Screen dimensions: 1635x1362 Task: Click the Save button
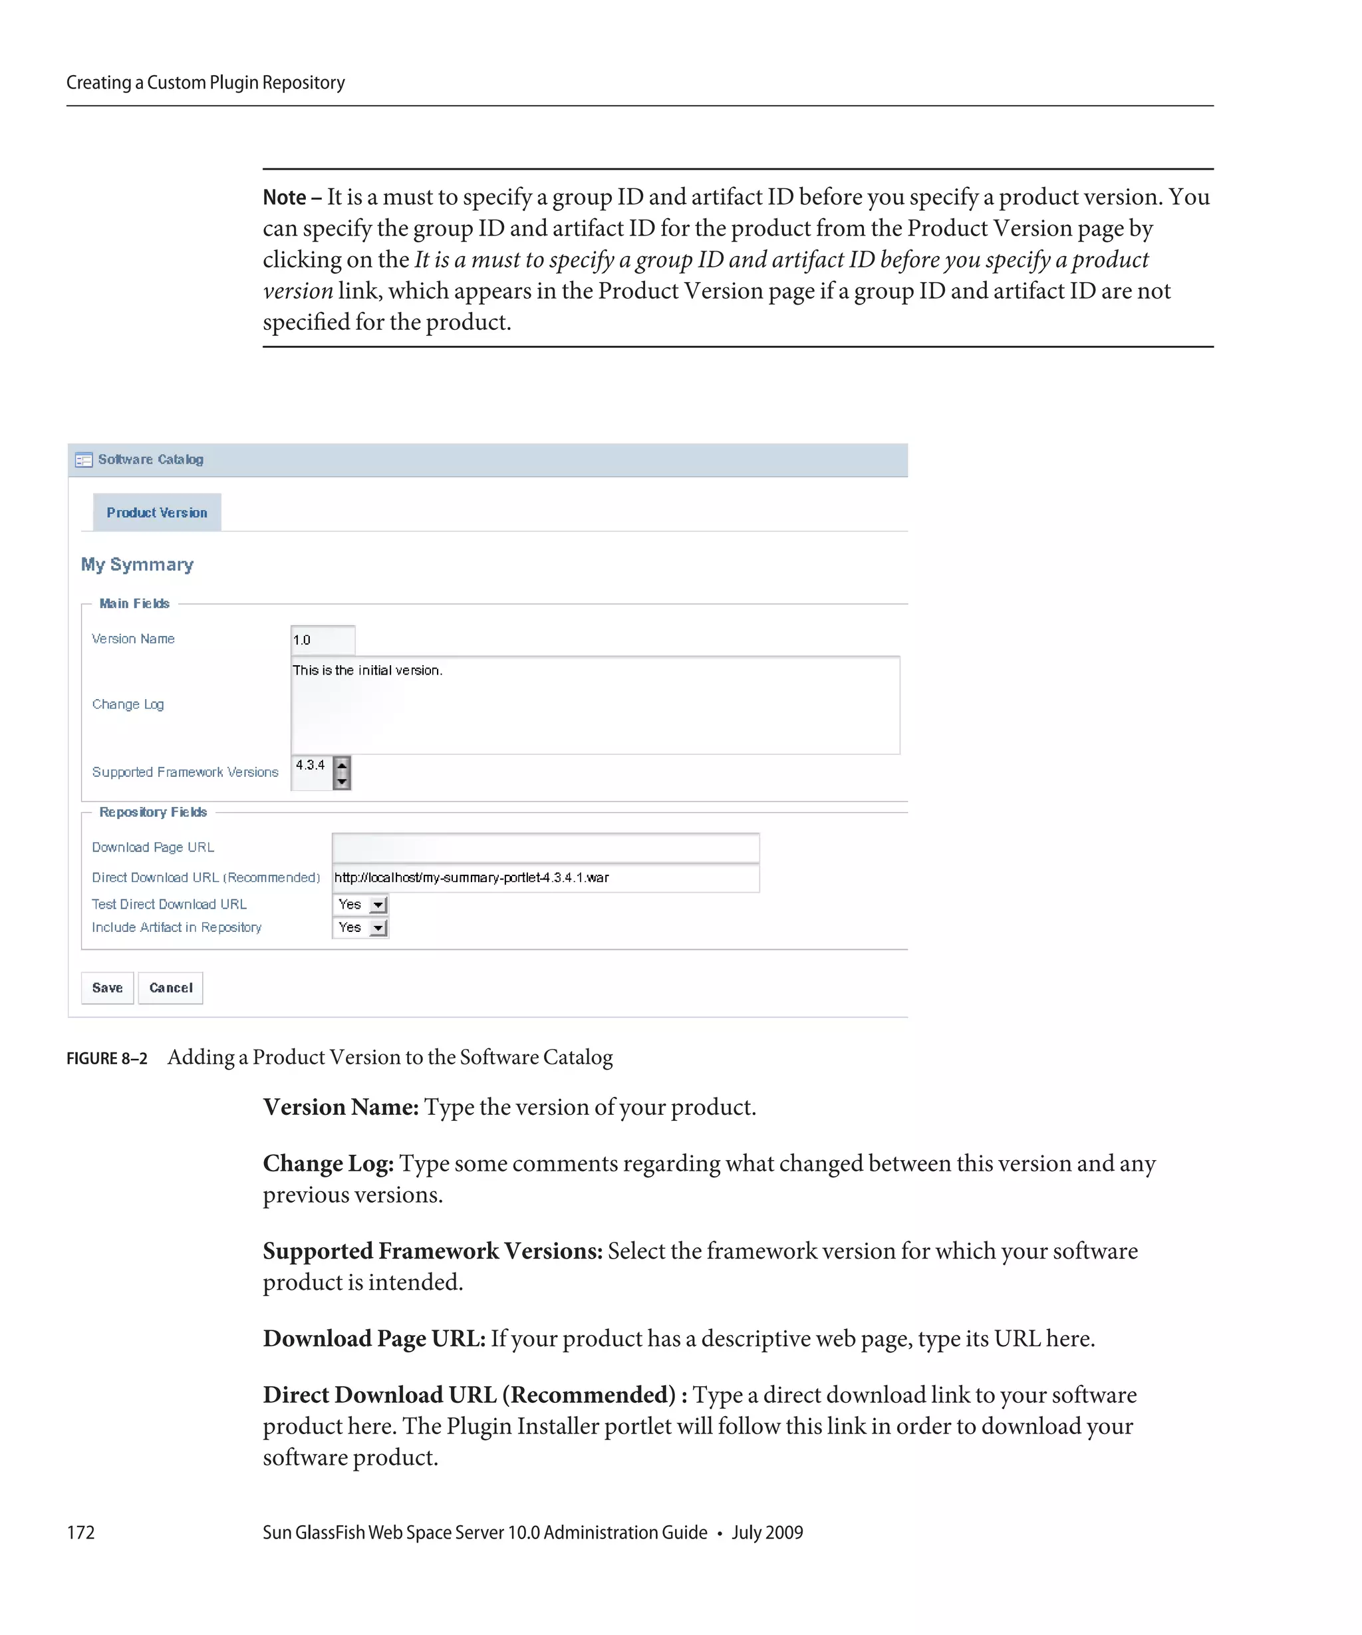point(107,987)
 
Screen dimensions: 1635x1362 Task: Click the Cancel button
point(170,987)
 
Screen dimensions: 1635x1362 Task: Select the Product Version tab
point(156,512)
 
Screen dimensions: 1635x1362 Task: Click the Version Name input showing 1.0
point(322,639)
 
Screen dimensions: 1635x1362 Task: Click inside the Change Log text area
point(595,705)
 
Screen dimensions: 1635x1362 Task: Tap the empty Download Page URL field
point(545,847)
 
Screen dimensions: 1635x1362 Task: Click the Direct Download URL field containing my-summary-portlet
point(545,877)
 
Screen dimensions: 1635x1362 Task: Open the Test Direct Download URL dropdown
point(378,905)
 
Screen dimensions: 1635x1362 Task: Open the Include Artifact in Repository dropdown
point(378,928)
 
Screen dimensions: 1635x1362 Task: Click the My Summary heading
point(137,565)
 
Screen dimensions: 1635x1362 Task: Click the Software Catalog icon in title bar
point(83,460)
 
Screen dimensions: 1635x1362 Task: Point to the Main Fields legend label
point(134,603)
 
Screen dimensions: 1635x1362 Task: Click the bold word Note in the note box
point(284,198)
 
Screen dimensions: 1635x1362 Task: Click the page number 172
point(80,1532)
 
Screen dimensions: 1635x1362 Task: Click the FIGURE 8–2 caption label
point(106,1059)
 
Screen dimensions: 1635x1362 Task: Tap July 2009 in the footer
point(767,1532)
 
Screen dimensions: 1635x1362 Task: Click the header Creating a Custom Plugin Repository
point(205,82)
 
